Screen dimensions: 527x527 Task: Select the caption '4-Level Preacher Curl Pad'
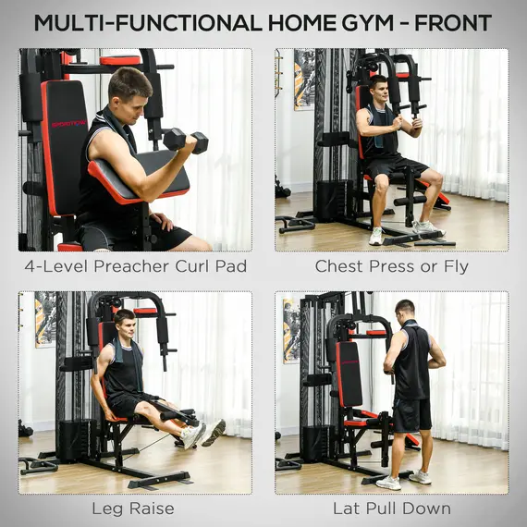pos(135,266)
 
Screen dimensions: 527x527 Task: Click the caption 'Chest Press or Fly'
pos(391,266)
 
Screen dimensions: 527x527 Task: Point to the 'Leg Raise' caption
pos(135,508)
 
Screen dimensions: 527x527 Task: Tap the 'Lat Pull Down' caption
pos(391,508)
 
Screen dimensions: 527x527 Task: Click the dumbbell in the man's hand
pos(185,140)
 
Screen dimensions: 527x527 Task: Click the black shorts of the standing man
pos(411,414)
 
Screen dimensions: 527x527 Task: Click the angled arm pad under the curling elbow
pos(139,176)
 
